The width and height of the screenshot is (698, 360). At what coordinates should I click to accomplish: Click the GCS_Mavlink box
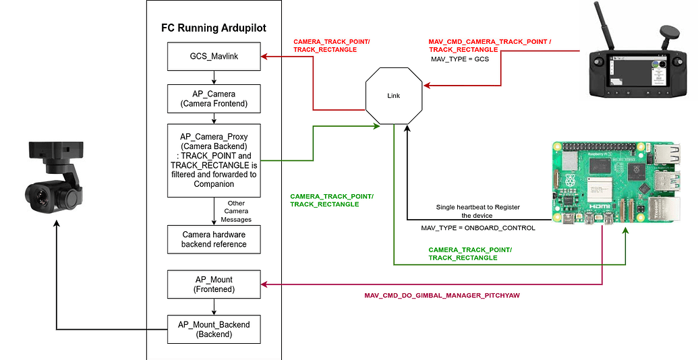[213, 57]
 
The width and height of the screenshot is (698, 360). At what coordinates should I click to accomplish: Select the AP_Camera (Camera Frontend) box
[213, 98]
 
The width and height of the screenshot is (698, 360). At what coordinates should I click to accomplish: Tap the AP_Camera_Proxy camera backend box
[213, 160]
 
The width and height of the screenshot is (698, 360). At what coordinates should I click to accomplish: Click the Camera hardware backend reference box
[213, 239]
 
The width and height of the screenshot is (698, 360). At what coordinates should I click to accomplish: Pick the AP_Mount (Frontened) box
[213, 284]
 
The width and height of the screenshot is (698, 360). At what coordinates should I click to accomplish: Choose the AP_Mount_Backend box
[213, 329]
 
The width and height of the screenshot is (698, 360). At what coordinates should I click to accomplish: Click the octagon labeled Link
[394, 95]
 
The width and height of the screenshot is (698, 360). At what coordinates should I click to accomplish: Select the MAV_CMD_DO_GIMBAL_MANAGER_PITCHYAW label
[442, 295]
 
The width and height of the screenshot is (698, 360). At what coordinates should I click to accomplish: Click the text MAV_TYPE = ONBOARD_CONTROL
[477, 228]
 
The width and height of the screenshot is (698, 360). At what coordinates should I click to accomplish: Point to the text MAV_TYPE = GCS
[460, 59]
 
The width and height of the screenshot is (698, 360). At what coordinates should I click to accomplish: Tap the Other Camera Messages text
[236, 211]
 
